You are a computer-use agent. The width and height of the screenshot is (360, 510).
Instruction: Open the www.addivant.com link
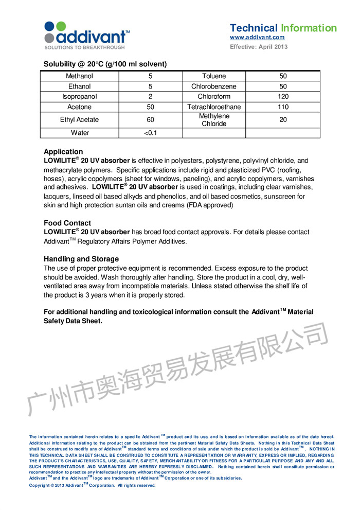tap(257, 38)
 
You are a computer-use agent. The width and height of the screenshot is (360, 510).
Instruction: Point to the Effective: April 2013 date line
tap(259, 47)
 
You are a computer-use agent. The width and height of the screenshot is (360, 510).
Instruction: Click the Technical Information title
tap(283, 28)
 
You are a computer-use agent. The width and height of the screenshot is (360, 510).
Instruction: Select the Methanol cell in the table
tap(80, 76)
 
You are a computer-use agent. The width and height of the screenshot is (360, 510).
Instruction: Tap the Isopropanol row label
tap(80, 97)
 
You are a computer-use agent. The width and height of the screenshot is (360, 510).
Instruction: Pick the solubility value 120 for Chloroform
tap(283, 97)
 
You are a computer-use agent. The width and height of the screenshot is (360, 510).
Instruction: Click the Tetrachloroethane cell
tap(214, 107)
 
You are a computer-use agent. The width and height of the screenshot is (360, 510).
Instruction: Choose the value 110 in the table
tap(283, 107)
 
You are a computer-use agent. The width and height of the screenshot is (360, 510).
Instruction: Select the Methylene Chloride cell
tap(214, 120)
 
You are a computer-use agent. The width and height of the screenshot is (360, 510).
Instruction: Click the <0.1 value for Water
tap(151, 133)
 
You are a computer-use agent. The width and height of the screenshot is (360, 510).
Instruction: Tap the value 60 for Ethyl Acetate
tap(151, 120)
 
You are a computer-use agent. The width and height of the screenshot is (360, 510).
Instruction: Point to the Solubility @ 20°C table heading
tap(105, 64)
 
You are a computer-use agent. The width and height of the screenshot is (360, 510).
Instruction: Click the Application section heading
tap(63, 152)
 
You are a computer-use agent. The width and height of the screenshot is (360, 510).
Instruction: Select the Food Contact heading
tap(67, 223)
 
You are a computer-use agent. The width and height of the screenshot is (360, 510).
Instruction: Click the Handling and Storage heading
tap(81, 259)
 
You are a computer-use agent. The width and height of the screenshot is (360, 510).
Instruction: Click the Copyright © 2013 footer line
tap(92, 485)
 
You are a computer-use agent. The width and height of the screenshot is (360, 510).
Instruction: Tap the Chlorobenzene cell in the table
tap(214, 86)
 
